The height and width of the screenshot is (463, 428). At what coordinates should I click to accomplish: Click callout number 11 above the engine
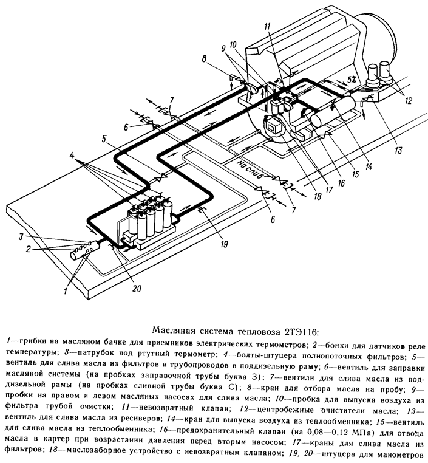(268, 26)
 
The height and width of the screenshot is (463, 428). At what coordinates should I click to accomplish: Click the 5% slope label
(352, 79)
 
